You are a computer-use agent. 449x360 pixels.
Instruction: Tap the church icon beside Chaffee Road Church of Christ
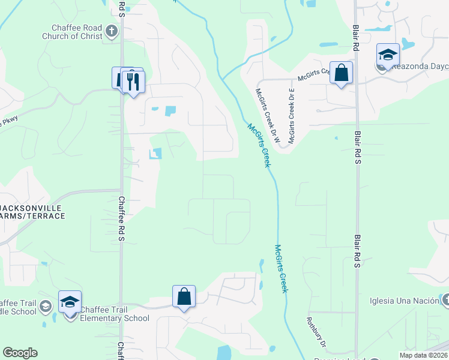(112, 31)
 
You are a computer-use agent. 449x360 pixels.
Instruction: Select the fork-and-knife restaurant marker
(133, 81)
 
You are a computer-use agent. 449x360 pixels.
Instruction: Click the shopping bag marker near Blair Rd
(341, 73)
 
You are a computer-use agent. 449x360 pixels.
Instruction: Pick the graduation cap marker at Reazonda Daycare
(388, 55)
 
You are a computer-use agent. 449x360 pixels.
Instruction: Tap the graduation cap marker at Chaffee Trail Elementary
(70, 301)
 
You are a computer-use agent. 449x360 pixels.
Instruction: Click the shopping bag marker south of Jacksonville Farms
(184, 296)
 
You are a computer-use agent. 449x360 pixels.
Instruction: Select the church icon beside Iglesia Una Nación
(445, 300)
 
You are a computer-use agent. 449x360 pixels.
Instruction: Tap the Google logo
(20, 353)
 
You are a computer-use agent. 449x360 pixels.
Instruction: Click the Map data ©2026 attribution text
(423, 355)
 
